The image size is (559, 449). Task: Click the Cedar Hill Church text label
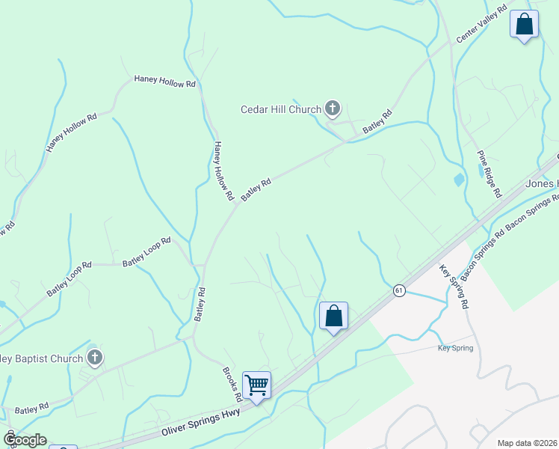pyautogui.click(x=280, y=109)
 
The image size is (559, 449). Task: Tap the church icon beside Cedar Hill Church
pyautogui.click(x=333, y=109)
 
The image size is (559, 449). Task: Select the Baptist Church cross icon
pyautogui.click(x=94, y=358)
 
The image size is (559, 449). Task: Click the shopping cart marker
pyautogui.click(x=256, y=385)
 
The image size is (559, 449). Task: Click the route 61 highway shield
pyautogui.click(x=399, y=290)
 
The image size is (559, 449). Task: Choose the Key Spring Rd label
pyautogui.click(x=454, y=286)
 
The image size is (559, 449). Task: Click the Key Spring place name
pyautogui.click(x=455, y=348)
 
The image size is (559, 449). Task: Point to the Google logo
pyautogui.click(x=24, y=439)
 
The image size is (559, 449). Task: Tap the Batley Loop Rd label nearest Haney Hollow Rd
pyautogui.click(x=147, y=248)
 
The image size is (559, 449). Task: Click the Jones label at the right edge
pyautogui.click(x=542, y=184)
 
